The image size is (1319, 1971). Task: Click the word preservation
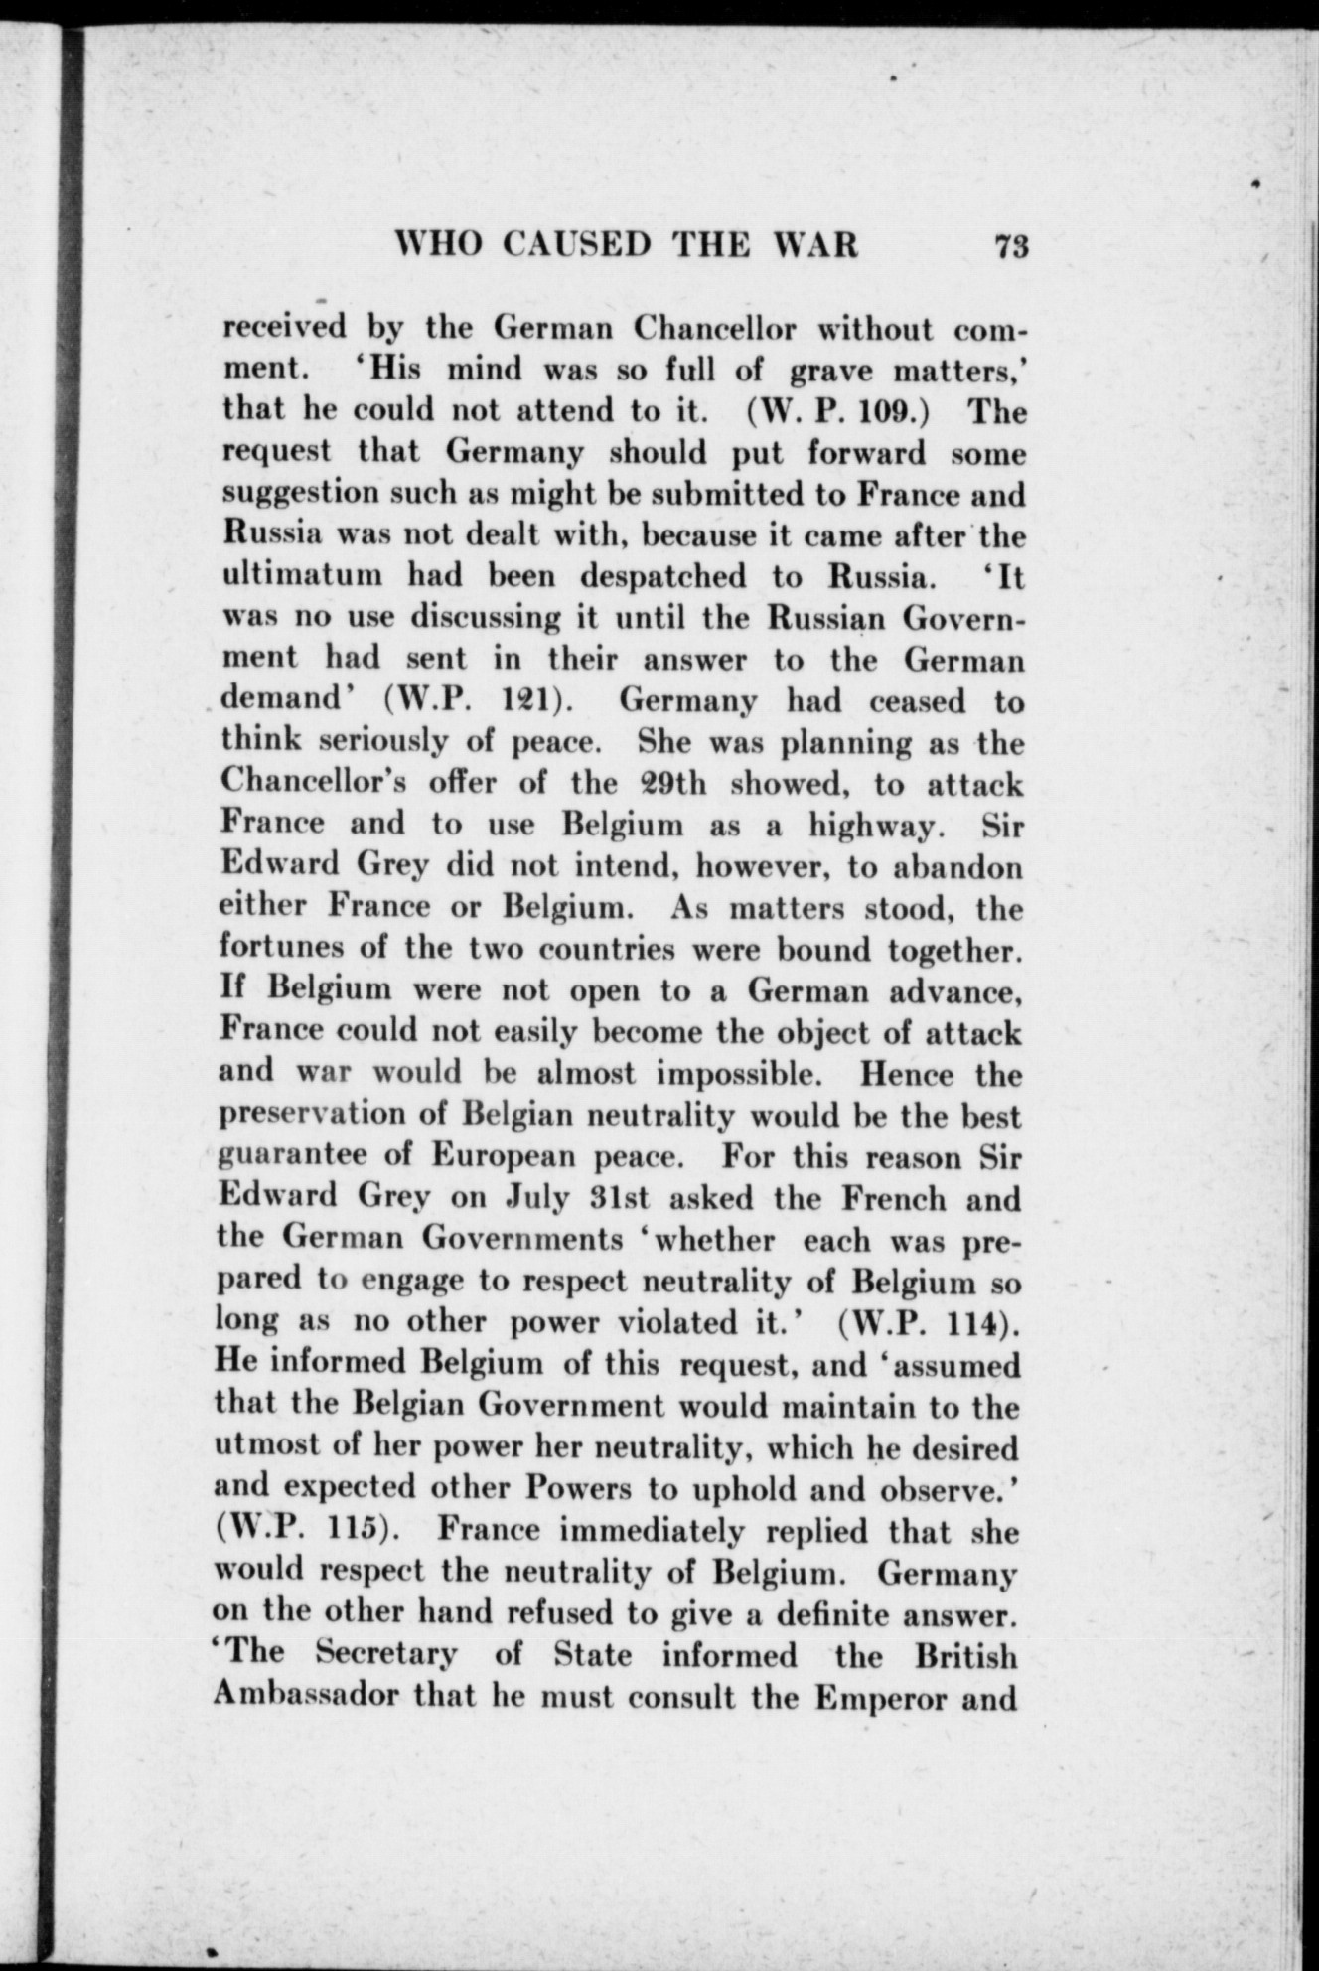coord(309,1117)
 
